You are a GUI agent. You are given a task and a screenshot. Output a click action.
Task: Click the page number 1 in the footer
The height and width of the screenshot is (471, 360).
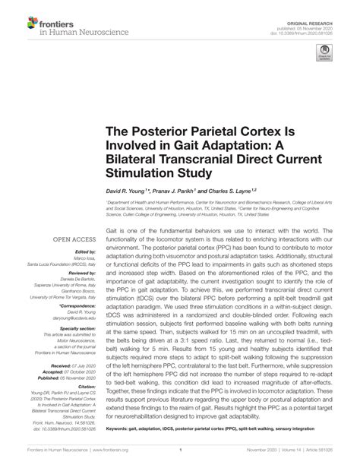click(180, 459)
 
